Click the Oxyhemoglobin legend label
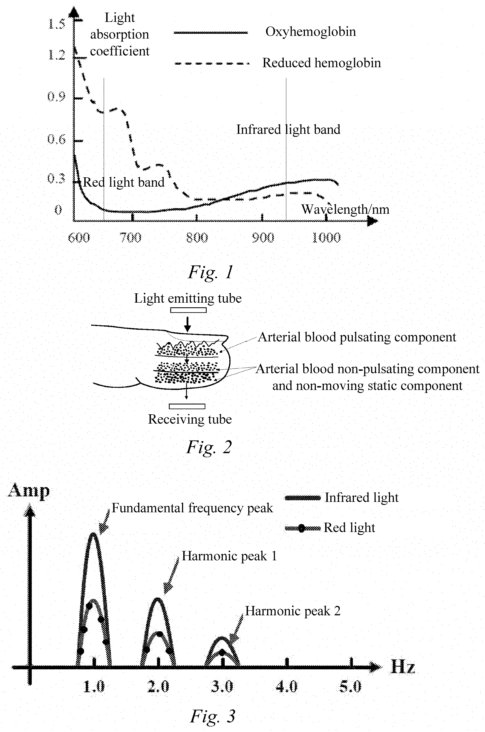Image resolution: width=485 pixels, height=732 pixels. pyautogui.click(x=311, y=32)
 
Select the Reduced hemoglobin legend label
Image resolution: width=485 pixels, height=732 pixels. pyautogui.click(x=322, y=63)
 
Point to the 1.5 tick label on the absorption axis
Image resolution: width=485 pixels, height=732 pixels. pyautogui.click(x=57, y=24)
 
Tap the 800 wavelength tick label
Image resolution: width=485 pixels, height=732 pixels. pyautogui.click(x=197, y=238)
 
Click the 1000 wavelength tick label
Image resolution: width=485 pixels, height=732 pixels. pyautogui.click(x=326, y=238)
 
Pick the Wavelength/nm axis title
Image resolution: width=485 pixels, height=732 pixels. pyautogui.click(x=345, y=209)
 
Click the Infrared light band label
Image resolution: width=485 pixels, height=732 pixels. pyautogui.click(x=288, y=129)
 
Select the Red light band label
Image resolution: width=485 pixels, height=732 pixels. pyautogui.click(x=123, y=182)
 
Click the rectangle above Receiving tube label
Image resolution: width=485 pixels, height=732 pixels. pyautogui.click(x=187, y=406)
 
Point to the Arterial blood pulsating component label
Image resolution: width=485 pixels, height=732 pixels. pyautogui.click(x=357, y=337)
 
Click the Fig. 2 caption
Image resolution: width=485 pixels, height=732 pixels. pyautogui.click(x=209, y=447)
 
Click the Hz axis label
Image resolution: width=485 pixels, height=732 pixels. pyautogui.click(x=403, y=666)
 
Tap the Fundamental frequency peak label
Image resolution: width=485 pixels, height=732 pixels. pyautogui.click(x=192, y=508)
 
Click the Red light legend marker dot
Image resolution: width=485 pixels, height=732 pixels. pyautogui.click(x=302, y=528)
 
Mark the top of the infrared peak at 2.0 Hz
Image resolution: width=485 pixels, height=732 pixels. pyautogui.click(x=158, y=599)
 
